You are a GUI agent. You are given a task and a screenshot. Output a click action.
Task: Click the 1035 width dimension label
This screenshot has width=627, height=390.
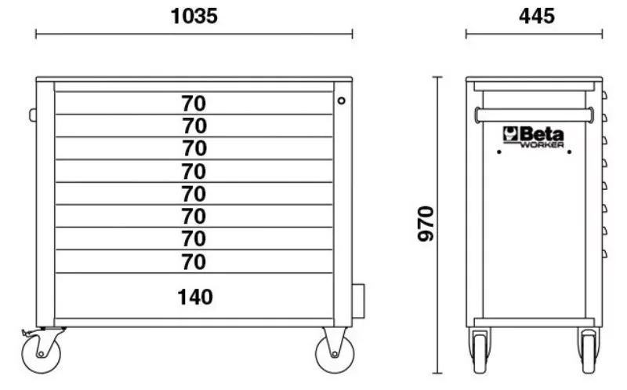click(194, 16)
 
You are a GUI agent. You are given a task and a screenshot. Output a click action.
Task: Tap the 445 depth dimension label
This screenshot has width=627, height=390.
click(537, 16)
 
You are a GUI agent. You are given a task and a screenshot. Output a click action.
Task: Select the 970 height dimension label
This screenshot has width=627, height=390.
click(426, 224)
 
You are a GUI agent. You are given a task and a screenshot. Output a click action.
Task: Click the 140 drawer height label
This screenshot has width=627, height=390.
click(194, 297)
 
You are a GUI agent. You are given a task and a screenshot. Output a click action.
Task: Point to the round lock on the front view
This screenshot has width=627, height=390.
click(341, 100)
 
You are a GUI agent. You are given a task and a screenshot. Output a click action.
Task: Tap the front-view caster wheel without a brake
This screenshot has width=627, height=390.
click(335, 354)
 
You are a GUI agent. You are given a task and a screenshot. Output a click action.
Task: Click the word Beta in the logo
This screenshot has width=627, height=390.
click(542, 133)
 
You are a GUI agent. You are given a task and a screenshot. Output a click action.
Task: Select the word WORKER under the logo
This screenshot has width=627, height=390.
click(542, 144)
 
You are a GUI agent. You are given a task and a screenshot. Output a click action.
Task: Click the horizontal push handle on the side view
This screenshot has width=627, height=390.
click(534, 115)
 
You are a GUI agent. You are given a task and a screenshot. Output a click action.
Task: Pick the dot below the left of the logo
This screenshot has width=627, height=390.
click(498, 151)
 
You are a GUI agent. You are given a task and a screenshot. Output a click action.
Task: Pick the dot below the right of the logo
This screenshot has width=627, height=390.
click(569, 151)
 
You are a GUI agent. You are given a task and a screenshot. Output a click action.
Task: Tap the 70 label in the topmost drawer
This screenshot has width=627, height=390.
click(194, 104)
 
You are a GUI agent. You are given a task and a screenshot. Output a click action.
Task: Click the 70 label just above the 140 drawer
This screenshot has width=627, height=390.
click(194, 262)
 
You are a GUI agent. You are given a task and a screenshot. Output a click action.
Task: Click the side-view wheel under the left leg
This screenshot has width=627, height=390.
click(480, 352)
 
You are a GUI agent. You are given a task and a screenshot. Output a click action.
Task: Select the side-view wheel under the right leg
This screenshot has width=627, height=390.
click(589, 352)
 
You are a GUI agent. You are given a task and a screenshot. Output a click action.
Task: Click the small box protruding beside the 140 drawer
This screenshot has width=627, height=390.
click(358, 301)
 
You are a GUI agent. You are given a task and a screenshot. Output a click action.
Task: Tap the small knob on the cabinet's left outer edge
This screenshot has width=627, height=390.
click(33, 115)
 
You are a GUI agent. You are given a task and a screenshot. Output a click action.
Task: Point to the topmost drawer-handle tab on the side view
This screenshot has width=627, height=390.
click(604, 95)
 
